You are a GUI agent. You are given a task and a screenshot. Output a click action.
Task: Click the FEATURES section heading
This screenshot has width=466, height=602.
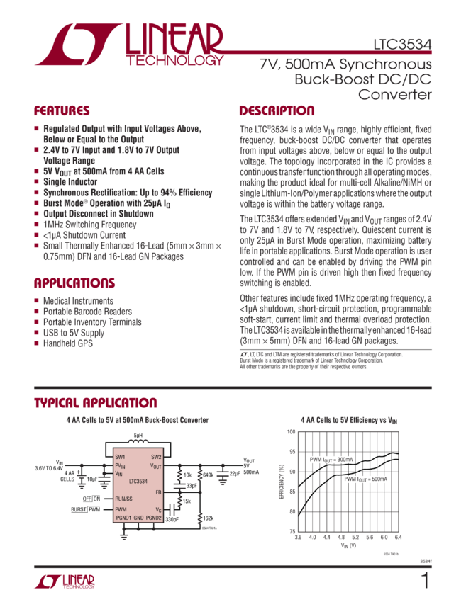click(62, 111)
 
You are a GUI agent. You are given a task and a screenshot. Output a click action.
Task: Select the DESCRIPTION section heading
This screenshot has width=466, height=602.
click(277, 111)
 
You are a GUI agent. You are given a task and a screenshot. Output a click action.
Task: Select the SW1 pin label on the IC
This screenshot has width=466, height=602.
click(121, 457)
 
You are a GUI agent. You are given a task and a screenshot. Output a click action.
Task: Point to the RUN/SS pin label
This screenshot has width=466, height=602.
click(125, 499)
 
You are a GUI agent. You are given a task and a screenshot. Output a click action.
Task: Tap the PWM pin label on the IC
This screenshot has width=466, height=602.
click(121, 509)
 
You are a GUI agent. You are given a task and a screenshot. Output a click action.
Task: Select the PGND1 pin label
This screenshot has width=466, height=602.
click(123, 518)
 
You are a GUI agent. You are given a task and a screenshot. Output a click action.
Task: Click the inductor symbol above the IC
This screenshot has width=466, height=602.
click(138, 440)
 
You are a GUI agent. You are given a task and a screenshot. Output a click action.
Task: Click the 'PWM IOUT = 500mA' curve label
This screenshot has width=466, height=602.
click(367, 479)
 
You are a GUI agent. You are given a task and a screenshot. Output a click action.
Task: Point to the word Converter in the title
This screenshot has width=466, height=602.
click(396, 93)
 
